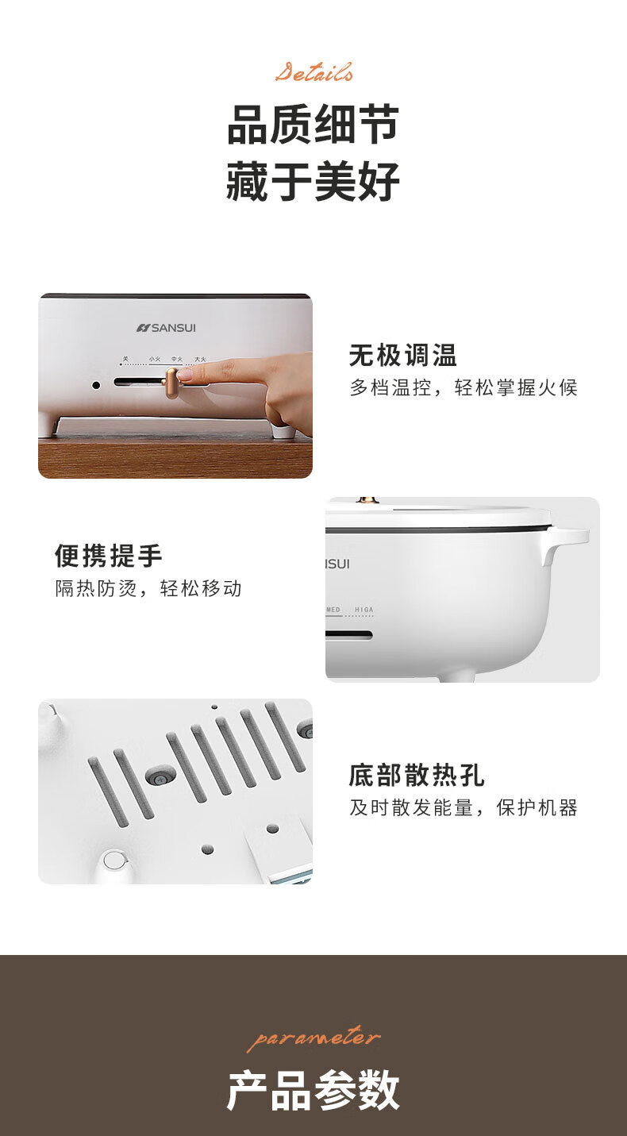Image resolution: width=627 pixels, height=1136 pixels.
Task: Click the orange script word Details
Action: tap(313, 72)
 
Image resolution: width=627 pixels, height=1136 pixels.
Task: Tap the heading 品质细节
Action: tap(313, 125)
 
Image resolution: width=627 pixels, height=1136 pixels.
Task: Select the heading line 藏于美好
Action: tap(313, 181)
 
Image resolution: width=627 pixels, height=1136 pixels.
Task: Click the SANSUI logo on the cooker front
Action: tap(166, 328)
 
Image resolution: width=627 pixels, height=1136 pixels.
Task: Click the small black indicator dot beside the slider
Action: tap(96, 385)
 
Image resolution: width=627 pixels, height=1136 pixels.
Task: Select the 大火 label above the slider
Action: tap(201, 359)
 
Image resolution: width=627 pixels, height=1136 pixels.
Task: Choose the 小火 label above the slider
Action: tap(155, 359)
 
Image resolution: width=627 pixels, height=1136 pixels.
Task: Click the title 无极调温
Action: tap(403, 355)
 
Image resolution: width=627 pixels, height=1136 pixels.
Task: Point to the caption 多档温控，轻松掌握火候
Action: tap(464, 387)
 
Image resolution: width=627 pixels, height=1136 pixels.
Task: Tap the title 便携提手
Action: tap(109, 556)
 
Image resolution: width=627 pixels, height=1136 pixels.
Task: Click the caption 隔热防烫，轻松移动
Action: tap(148, 588)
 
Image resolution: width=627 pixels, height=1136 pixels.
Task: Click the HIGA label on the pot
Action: tap(364, 610)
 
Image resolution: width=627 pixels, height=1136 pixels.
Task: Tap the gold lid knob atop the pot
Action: tap(368, 501)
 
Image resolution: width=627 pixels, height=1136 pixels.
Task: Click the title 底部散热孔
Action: tap(417, 776)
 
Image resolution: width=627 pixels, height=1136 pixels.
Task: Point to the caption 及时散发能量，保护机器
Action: tap(464, 808)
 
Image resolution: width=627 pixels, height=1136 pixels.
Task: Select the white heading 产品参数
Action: tap(313, 1090)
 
